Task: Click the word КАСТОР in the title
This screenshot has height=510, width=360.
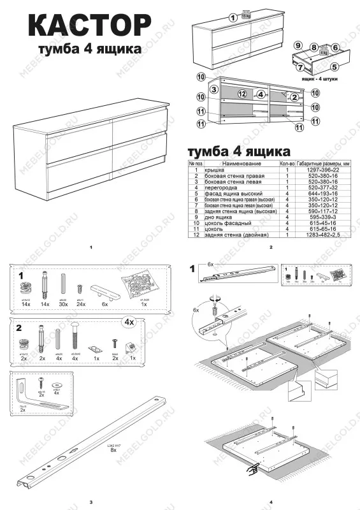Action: [x=89, y=27]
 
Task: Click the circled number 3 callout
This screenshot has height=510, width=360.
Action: [x=215, y=89]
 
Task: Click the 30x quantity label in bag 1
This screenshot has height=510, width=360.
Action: [x=63, y=305]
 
